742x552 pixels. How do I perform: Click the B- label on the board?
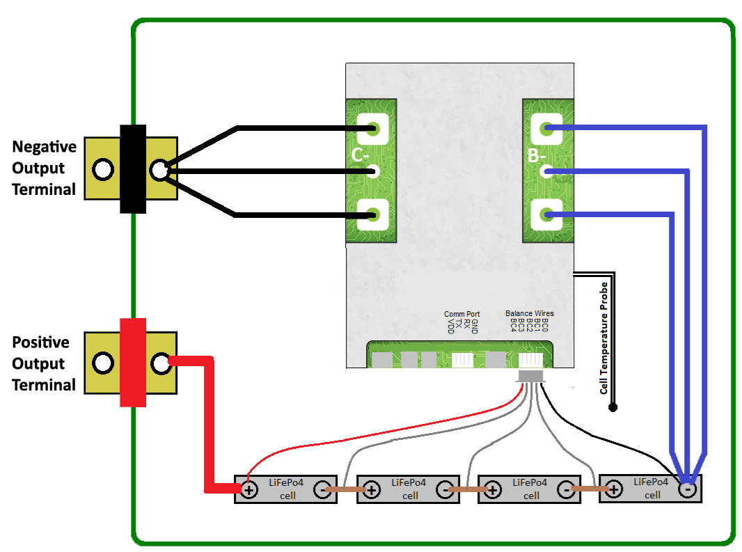(x=536, y=157)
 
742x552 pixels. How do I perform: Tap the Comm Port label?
(x=461, y=314)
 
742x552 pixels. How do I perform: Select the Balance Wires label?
(x=530, y=314)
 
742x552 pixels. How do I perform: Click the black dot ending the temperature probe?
(x=613, y=407)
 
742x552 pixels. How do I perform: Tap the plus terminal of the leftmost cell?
(x=249, y=490)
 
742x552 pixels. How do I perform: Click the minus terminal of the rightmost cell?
(x=687, y=489)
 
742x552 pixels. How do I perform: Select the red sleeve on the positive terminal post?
(x=133, y=362)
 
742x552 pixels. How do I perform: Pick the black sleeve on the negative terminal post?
(x=133, y=169)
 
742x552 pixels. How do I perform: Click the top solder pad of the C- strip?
(x=372, y=129)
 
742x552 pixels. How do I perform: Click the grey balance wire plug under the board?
(x=532, y=376)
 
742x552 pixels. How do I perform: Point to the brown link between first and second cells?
(x=347, y=490)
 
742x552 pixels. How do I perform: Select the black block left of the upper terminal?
(x=44, y=168)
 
